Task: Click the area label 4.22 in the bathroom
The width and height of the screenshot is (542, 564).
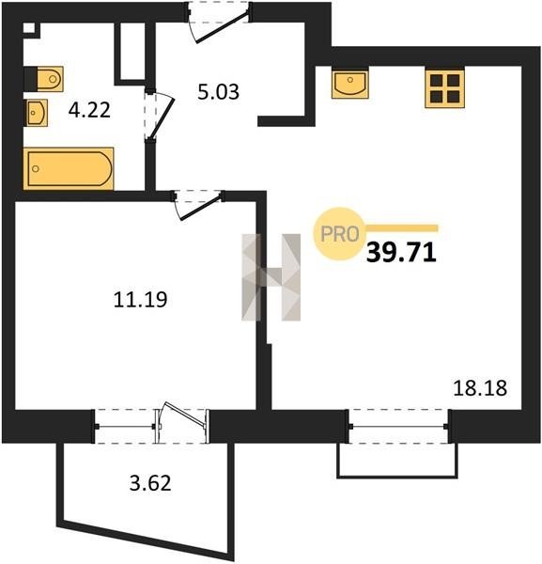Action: pos(89,110)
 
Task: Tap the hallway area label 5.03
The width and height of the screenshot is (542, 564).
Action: pos(218,92)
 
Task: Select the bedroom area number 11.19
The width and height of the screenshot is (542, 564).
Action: pos(140,300)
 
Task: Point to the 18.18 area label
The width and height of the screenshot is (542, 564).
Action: pos(480,388)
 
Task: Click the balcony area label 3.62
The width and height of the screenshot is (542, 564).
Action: pos(150,483)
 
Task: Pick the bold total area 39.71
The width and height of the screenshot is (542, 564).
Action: pos(401,252)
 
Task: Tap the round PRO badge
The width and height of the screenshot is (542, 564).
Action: pos(339,234)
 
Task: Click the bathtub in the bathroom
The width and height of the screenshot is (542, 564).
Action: pos(69,168)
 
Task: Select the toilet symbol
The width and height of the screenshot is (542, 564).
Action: pos(43,79)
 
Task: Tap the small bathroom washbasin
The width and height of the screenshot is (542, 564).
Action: pos(36,113)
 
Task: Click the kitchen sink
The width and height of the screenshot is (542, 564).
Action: pos(350,84)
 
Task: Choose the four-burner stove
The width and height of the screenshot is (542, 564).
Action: pos(444,88)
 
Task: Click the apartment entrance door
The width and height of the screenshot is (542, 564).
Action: pos(219,26)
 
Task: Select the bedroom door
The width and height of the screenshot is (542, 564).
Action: pos(198,206)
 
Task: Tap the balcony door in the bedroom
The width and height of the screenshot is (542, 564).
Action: pos(182,423)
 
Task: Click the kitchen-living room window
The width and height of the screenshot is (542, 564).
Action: pos(398,427)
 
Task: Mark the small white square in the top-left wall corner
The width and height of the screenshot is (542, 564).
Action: pos(29,28)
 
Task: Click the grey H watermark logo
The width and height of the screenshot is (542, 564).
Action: pos(271,277)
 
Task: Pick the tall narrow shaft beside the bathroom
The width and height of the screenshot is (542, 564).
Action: pos(132,52)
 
